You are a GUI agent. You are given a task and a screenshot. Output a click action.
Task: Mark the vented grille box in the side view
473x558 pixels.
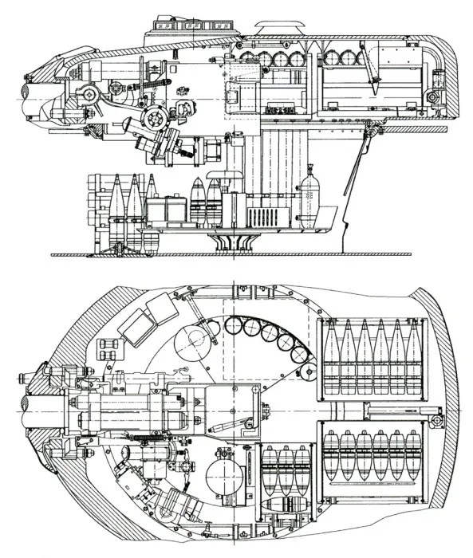pos(262,215)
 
